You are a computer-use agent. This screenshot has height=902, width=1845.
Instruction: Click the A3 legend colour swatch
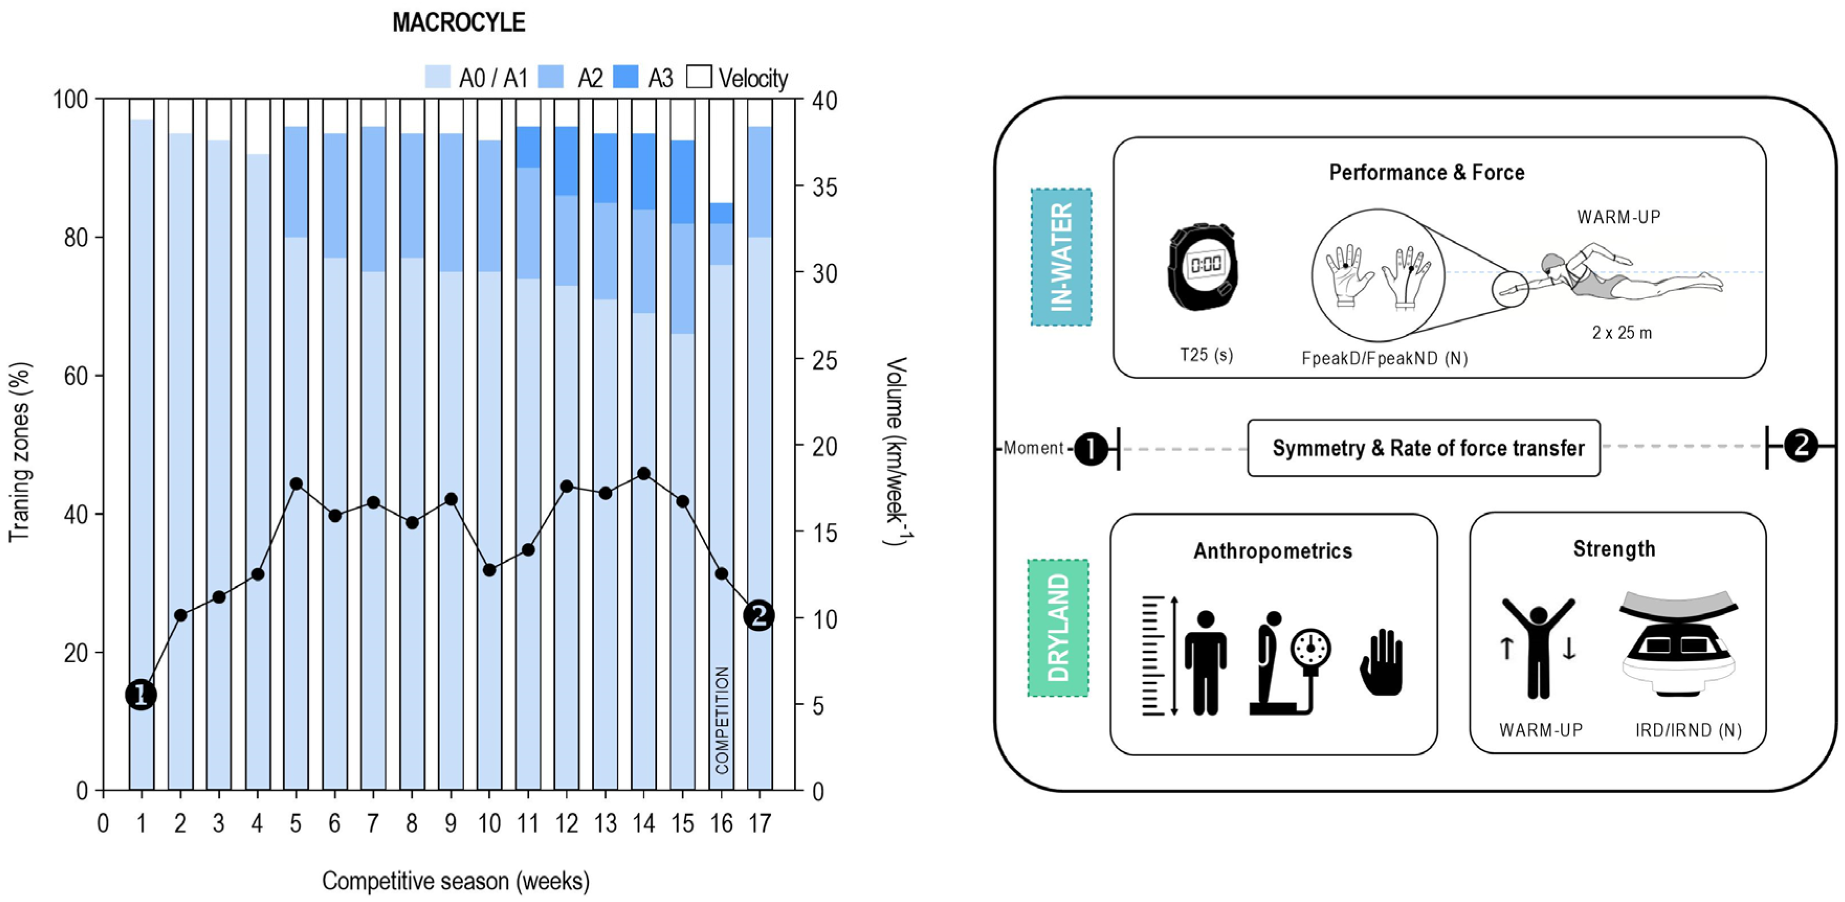pos(625,76)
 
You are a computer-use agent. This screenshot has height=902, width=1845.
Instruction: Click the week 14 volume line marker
pos(644,474)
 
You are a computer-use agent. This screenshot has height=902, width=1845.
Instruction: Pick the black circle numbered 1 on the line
pos(141,694)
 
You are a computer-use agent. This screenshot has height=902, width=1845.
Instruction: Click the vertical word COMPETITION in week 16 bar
pos(722,720)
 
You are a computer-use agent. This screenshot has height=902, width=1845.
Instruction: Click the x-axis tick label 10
pos(489,824)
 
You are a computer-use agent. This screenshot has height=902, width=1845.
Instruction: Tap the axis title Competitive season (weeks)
pos(455,881)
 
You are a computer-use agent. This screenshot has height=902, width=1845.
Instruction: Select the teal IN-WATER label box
pos(1061,257)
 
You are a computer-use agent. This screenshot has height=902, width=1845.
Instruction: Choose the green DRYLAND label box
pos(1058,628)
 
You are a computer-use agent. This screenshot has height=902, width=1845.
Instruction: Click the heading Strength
pos(1614,549)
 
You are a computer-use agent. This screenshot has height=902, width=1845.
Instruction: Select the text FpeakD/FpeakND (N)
pos(1384,358)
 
